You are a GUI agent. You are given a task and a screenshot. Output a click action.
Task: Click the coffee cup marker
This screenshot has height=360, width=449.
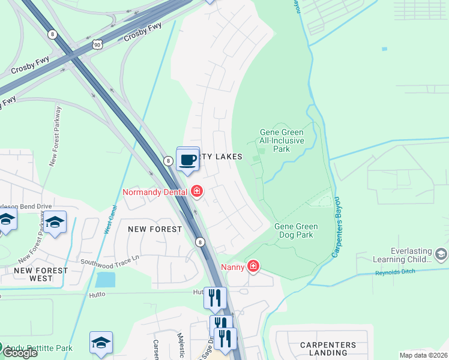pos(188,160)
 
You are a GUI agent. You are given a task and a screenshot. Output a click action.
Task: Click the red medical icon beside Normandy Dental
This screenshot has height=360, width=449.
pos(196,192)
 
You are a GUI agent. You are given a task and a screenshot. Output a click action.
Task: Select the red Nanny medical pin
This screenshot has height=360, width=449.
pos(253,266)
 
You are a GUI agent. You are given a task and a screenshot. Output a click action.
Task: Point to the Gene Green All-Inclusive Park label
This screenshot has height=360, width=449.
pos(282,140)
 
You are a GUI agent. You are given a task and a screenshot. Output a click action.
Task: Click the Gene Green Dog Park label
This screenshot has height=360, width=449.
pos(295,231)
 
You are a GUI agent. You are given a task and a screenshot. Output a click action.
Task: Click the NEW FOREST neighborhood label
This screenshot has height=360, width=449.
pos(155,229)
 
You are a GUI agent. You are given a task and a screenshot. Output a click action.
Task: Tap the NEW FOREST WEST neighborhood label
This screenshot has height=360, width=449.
pos(41,275)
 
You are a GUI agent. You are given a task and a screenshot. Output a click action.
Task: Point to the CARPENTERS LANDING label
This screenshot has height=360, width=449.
pos(328,349)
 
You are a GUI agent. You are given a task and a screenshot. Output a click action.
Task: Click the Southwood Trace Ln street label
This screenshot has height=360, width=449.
pos(110,260)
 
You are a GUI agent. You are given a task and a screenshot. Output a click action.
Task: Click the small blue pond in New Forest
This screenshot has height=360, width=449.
pos(105,280)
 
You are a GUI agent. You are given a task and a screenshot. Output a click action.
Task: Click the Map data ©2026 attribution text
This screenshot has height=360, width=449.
pos(423,355)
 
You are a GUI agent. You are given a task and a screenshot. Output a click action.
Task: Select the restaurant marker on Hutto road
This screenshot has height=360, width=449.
pos(214,296)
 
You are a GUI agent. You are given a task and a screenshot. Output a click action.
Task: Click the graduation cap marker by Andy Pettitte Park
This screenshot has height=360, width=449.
pos(101,343)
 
